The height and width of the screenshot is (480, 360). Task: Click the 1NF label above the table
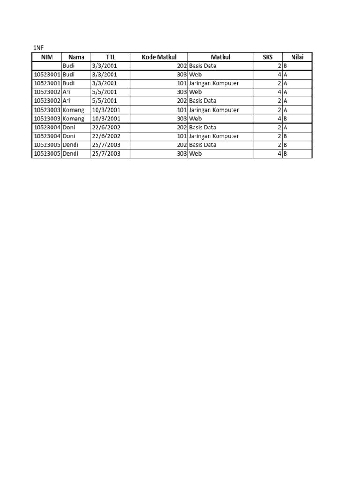click(37, 48)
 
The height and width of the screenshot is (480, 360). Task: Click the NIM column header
click(46, 57)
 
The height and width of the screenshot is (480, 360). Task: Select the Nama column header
click(76, 57)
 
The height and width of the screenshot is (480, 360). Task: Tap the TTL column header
click(111, 57)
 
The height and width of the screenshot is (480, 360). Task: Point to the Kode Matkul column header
click(159, 57)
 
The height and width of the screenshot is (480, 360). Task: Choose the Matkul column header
click(220, 57)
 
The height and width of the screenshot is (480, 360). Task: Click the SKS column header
click(268, 57)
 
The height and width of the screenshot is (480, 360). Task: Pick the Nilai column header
click(297, 57)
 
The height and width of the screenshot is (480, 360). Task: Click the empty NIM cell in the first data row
click(46, 66)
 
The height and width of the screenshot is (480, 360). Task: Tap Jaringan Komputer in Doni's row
click(214, 136)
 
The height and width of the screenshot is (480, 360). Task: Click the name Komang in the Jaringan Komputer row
click(74, 110)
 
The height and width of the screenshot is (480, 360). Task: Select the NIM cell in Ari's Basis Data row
click(46, 101)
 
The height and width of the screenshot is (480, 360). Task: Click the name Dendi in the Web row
click(72, 154)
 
